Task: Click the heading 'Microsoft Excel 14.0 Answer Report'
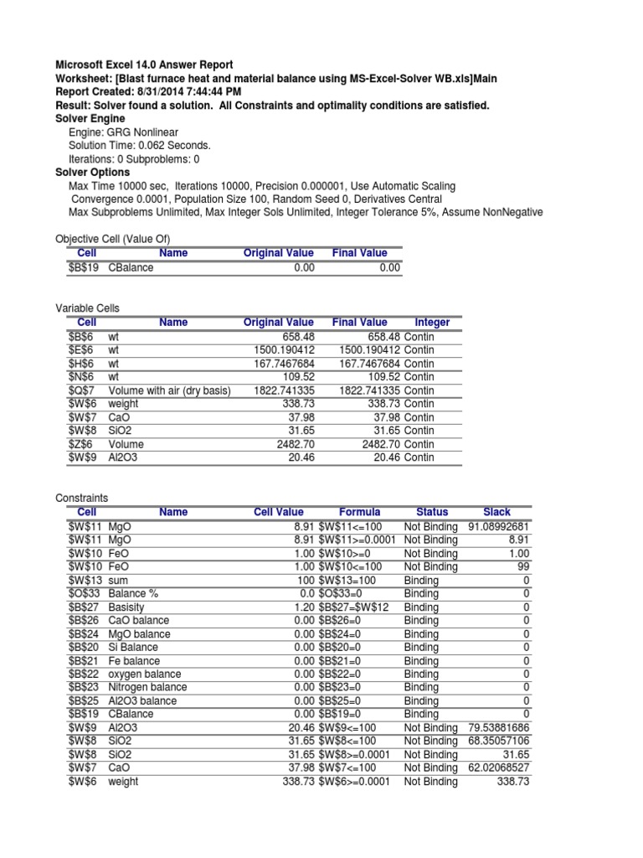point(144,65)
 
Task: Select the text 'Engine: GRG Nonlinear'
point(123,132)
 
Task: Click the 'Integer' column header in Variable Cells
point(432,323)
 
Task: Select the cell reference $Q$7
point(82,390)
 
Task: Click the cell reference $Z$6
point(81,444)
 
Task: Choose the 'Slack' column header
point(496,512)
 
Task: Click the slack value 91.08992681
point(498,526)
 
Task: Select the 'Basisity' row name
point(129,607)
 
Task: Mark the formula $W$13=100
point(347,580)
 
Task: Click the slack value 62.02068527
point(498,768)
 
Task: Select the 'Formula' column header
point(359,512)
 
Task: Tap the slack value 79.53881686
point(498,727)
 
